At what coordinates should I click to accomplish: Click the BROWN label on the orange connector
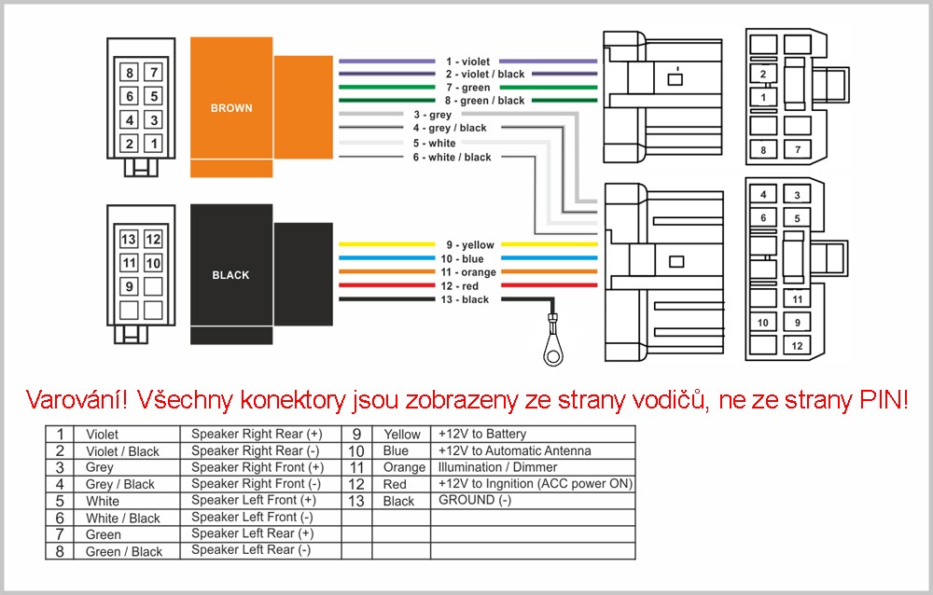pyautogui.click(x=231, y=108)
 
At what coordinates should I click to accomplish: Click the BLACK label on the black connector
pyautogui.click(x=230, y=275)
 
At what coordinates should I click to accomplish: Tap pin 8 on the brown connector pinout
pyautogui.click(x=129, y=73)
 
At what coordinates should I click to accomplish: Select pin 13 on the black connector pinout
pyautogui.click(x=129, y=239)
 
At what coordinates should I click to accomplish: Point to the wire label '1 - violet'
pyautogui.click(x=467, y=62)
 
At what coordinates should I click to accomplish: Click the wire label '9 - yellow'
pyautogui.click(x=470, y=244)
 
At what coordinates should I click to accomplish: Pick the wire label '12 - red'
pyautogui.click(x=459, y=286)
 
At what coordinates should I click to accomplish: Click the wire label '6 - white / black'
pyautogui.click(x=452, y=157)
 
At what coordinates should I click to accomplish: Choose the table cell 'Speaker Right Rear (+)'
pyautogui.click(x=257, y=435)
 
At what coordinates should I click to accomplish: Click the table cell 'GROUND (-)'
pyautogui.click(x=475, y=501)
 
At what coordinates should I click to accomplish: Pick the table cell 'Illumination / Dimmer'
pyautogui.click(x=497, y=467)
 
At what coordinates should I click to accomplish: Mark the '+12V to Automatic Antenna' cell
pyautogui.click(x=515, y=451)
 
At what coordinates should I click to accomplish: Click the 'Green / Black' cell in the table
pyautogui.click(x=124, y=551)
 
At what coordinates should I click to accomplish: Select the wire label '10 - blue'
pyautogui.click(x=463, y=259)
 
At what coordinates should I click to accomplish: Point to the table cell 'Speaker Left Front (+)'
pyautogui.click(x=254, y=501)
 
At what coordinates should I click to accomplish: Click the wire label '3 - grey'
pyautogui.click(x=433, y=115)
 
